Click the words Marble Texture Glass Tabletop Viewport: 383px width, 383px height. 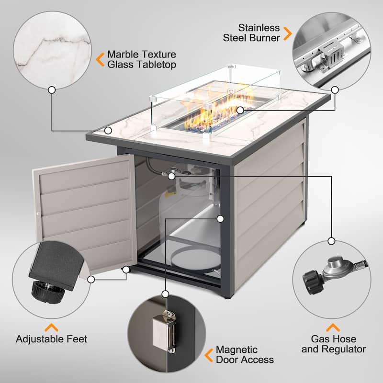tap(142, 59)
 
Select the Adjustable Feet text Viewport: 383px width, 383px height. tap(52, 339)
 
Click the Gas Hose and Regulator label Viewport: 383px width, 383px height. tap(334, 344)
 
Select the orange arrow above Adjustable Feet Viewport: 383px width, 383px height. tap(51, 327)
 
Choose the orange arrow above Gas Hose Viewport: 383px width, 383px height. tap(333, 327)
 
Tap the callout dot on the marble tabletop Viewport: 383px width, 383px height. tap(109, 130)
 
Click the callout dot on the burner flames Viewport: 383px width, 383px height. tap(248, 110)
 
